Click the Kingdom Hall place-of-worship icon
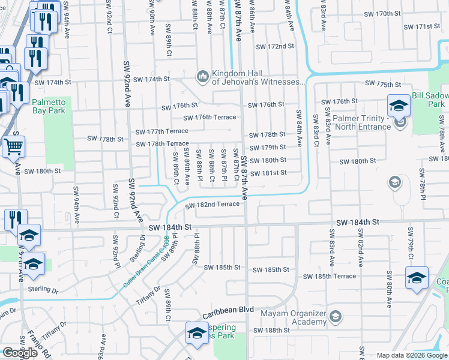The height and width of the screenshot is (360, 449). [x=202, y=76]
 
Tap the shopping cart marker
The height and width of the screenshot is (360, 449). [x=13, y=146]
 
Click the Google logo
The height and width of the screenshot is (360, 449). [x=20, y=353]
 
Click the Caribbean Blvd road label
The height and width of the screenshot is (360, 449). [x=228, y=313]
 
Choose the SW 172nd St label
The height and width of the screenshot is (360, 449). [x=275, y=46]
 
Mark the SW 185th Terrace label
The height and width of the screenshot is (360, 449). [x=330, y=277]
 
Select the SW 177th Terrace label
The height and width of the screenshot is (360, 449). [x=161, y=131]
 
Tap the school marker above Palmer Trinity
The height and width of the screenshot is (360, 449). [x=399, y=106]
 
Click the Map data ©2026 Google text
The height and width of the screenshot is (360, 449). [x=411, y=355]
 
